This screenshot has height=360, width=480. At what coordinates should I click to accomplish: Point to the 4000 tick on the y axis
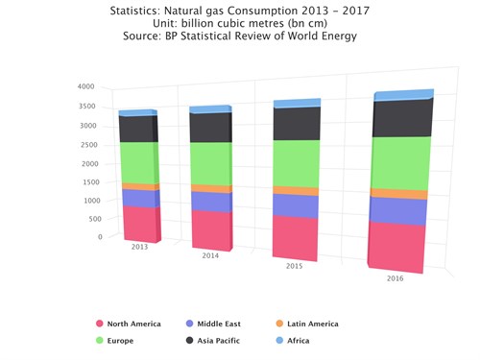point(85,87)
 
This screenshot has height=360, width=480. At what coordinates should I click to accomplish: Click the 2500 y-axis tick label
point(85,144)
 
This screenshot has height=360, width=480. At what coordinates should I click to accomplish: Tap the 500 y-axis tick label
point(89,219)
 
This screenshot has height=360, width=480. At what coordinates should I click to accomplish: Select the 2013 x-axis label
point(140,247)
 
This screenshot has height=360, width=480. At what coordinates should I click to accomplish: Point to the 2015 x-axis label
point(296,264)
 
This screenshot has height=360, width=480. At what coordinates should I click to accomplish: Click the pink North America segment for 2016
point(396,247)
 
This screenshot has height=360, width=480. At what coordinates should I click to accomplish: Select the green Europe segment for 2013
point(139,161)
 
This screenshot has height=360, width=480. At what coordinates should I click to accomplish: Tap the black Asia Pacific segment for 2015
point(297,124)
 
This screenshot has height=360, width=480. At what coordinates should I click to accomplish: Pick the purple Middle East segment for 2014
point(210,201)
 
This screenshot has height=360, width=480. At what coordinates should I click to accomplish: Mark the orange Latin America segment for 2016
point(397,193)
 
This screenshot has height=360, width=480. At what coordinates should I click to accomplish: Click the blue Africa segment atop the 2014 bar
point(211,108)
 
